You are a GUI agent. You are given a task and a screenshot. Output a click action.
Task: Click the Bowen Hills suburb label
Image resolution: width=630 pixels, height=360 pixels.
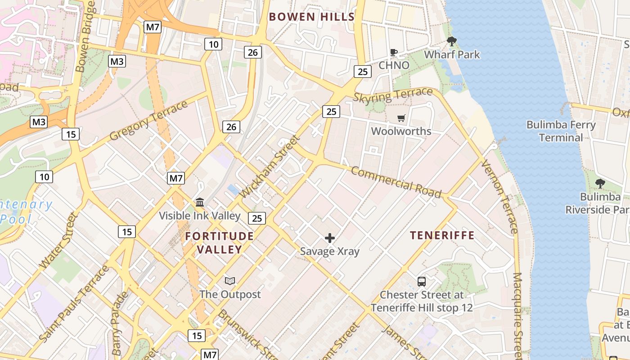tap(311, 17)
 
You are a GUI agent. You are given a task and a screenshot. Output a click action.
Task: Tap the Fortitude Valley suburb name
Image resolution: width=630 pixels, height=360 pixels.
tap(220, 243)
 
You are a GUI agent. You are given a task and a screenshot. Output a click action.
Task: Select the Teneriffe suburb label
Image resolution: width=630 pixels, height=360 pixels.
tap(442, 235)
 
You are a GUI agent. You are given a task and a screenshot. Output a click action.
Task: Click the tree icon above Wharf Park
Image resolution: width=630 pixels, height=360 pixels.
tap(452, 42)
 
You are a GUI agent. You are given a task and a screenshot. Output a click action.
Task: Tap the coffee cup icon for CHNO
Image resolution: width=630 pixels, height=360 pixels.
tap(394, 53)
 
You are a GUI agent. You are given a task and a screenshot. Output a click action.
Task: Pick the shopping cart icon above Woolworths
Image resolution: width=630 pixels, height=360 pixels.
tap(401, 118)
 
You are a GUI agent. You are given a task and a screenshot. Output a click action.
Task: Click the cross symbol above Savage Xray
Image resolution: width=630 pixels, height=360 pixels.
tap(330, 238)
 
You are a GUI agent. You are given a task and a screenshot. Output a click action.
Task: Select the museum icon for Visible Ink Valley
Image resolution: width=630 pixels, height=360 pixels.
tap(200, 202)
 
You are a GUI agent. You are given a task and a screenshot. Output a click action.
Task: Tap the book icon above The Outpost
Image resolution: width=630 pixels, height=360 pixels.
tap(230, 281)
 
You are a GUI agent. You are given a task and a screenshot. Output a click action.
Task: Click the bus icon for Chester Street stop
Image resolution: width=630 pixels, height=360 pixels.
tap(422, 282)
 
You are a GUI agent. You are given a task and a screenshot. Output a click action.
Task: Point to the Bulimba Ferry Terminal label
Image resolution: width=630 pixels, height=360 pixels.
tap(561, 131)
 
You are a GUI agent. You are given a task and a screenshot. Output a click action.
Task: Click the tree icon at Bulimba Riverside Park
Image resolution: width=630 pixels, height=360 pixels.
tap(600, 183)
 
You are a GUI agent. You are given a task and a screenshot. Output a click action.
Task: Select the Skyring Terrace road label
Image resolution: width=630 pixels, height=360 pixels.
tap(393, 95)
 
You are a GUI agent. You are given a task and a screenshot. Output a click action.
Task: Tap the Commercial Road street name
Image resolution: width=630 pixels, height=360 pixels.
tap(396, 182)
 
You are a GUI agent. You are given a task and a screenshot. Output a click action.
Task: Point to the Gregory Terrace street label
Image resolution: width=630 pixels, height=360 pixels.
tap(148, 121)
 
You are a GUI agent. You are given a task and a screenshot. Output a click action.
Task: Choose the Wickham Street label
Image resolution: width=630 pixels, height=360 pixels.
tap(270, 166)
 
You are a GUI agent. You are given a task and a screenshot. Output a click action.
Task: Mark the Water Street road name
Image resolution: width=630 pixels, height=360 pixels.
tap(59, 241)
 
